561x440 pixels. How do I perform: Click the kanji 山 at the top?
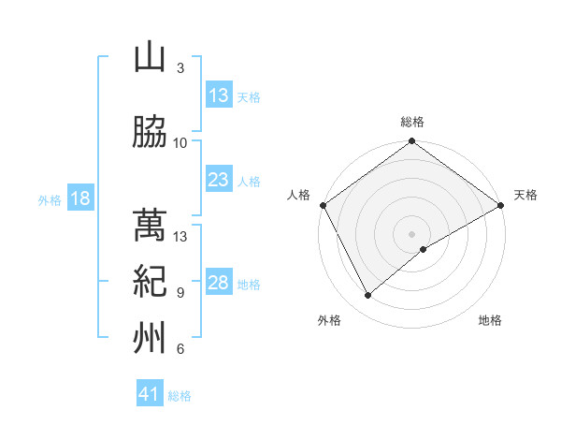click(150, 57)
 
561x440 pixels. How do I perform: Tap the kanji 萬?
click(150, 226)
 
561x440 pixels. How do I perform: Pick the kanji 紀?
click(150, 281)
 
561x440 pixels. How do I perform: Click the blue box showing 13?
click(219, 96)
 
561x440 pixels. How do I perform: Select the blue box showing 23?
click(219, 181)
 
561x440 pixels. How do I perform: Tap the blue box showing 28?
click(219, 284)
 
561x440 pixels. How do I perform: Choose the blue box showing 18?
click(79, 199)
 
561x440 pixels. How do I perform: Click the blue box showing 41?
click(150, 394)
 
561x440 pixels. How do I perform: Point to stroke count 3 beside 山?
click(180, 68)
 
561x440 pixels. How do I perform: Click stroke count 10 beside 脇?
click(180, 143)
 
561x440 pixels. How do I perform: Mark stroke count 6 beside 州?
click(180, 349)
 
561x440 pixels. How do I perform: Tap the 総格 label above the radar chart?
click(412, 122)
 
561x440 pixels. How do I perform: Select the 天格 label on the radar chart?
click(525, 195)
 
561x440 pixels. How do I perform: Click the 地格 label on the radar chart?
click(490, 320)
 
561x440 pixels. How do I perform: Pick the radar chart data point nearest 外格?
click(367, 296)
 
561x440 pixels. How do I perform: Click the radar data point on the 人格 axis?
click(323, 204)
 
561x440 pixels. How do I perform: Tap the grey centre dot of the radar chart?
click(412, 233)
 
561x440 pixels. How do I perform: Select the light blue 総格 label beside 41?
click(180, 396)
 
